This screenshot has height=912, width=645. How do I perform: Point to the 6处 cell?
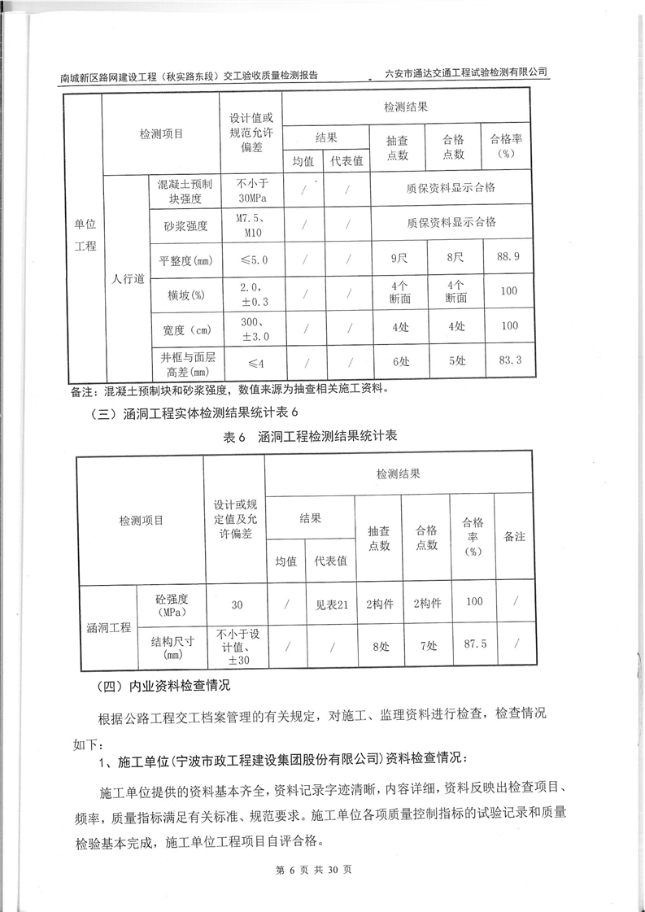point(399,360)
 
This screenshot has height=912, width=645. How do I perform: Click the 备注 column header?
point(514,538)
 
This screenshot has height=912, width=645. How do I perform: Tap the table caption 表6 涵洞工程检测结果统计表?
point(310,436)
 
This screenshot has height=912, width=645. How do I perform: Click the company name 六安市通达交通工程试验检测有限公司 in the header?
point(466,72)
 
